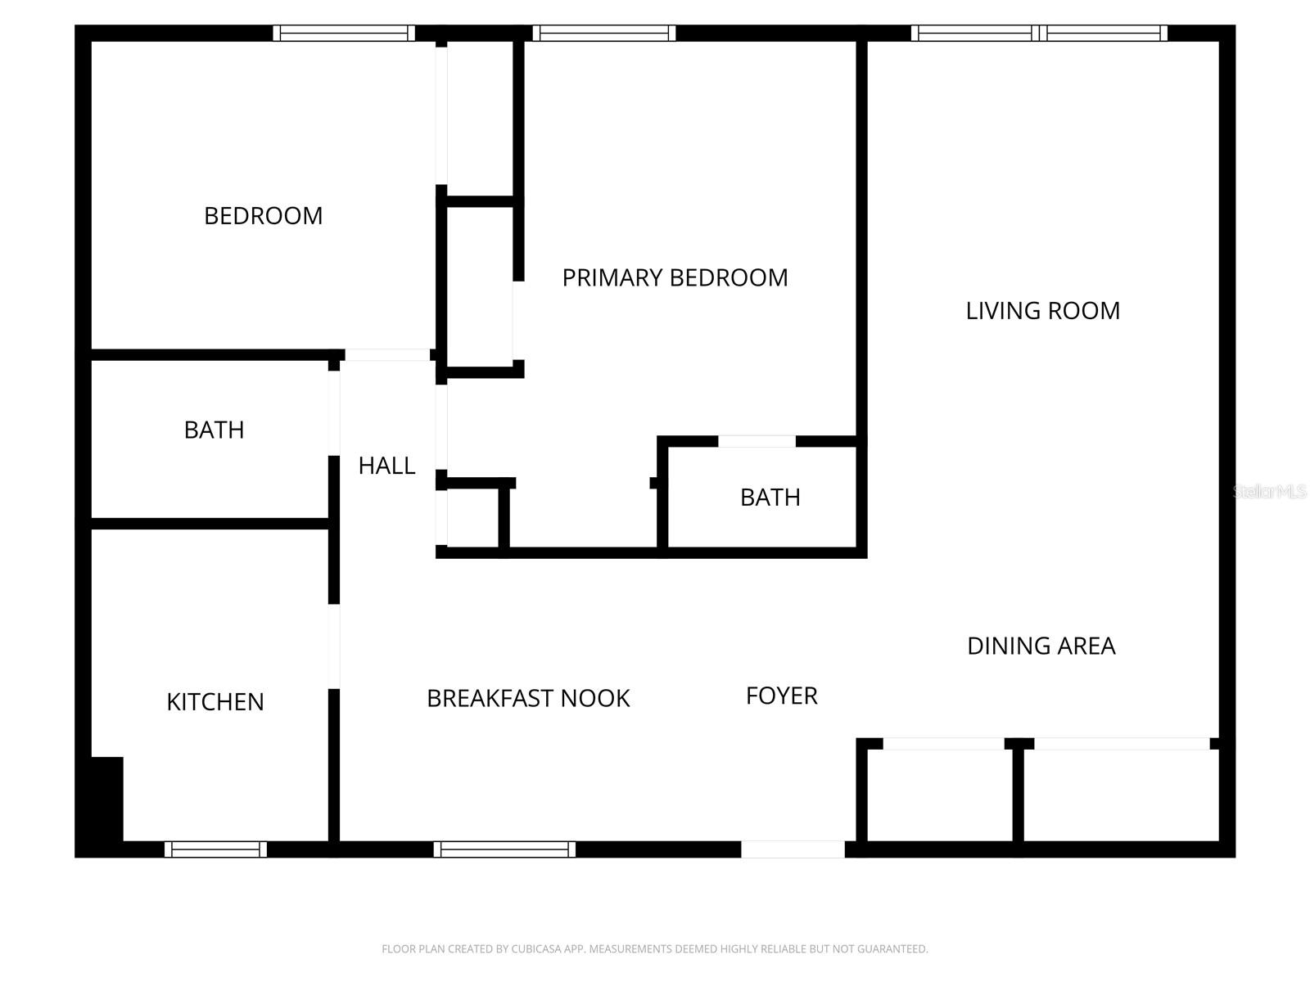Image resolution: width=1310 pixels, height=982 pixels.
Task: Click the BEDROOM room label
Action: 263,216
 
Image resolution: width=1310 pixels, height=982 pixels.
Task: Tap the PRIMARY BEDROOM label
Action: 675,278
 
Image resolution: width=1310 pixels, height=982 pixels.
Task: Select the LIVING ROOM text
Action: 1042,311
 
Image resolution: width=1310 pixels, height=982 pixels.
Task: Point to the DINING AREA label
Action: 1041,646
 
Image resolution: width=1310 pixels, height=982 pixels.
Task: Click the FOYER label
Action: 781,696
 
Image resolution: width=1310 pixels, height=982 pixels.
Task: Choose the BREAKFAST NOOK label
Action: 528,699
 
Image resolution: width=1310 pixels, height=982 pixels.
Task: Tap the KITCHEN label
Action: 215,702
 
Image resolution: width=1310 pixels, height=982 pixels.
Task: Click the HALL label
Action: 386,466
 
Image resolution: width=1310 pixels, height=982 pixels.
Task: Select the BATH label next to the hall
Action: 214,430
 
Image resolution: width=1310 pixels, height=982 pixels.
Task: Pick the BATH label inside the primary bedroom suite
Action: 770,498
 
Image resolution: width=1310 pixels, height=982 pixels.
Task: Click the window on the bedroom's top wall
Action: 344,34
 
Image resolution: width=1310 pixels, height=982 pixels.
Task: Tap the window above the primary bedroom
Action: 604,34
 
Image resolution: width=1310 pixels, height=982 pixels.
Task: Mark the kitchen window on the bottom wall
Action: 215,849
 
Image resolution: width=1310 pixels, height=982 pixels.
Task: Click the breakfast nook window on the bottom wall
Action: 504,849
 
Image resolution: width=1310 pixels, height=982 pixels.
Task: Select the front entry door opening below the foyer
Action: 793,849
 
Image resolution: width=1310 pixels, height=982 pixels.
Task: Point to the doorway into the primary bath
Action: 757,442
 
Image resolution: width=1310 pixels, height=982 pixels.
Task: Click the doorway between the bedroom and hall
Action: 386,355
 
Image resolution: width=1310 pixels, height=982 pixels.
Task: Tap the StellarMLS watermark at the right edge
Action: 1270,492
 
